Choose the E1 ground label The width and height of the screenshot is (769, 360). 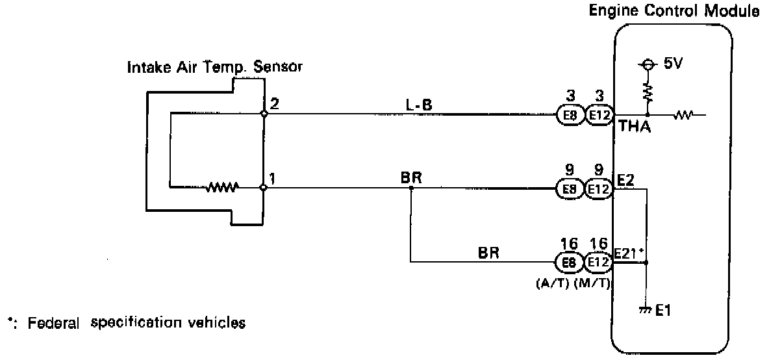(x=663, y=311)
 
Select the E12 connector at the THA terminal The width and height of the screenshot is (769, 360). (x=598, y=114)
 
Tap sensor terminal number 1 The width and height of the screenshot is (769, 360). (x=274, y=176)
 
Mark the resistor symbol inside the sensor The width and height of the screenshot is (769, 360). (x=223, y=188)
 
